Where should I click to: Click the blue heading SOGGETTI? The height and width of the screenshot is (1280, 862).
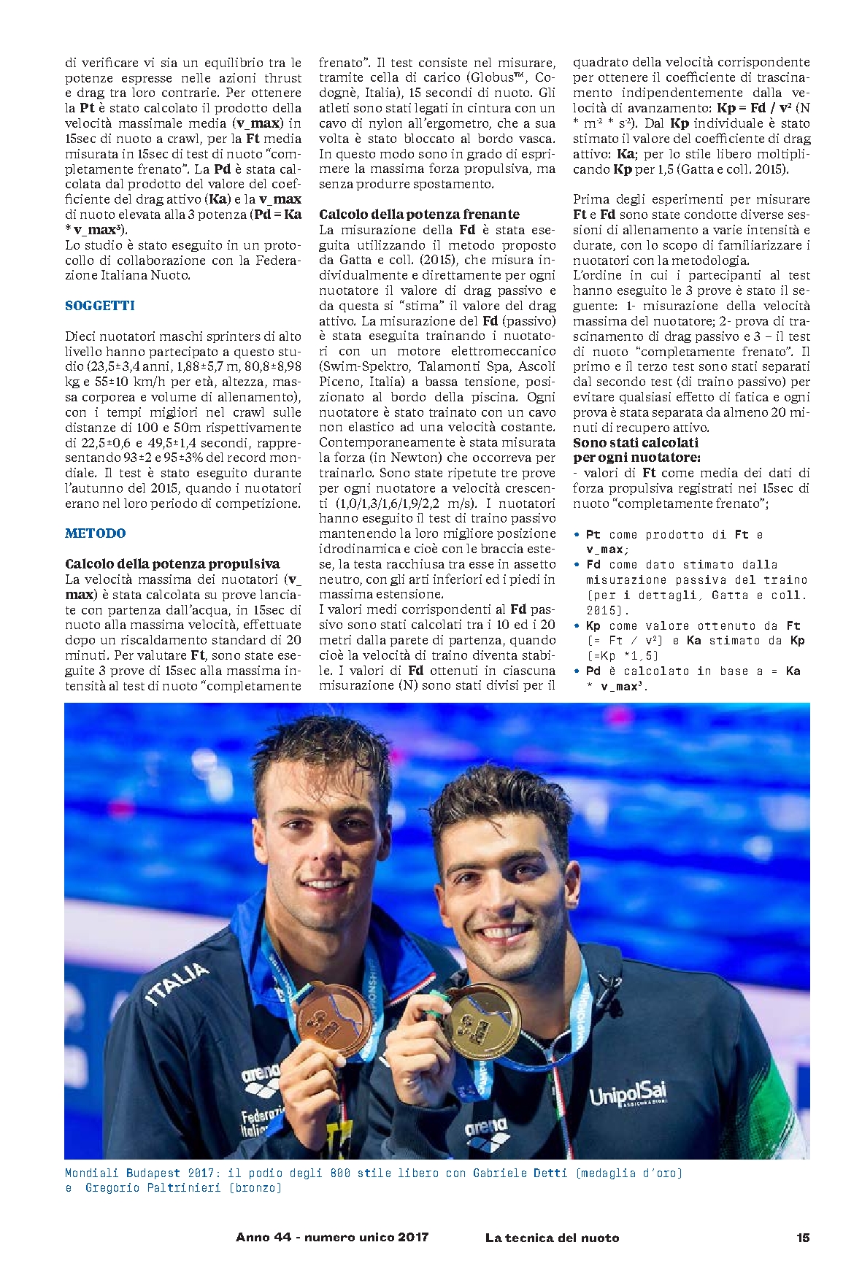click(x=100, y=306)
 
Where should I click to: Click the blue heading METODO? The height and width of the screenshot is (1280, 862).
click(x=96, y=533)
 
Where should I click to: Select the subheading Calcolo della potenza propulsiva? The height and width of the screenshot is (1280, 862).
click(x=172, y=564)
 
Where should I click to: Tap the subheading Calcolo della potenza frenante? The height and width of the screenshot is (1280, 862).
click(x=419, y=214)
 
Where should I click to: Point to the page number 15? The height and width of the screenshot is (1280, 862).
click(x=803, y=1238)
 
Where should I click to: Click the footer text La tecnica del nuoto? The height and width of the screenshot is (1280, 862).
click(x=552, y=1238)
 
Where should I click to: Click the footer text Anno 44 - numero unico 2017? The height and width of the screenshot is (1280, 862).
click(x=332, y=1238)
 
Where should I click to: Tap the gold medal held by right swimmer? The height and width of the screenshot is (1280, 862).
click(x=480, y=1022)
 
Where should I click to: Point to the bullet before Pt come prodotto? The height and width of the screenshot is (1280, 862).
click(x=577, y=534)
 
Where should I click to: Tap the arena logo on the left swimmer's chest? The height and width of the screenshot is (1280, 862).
click(x=261, y=1073)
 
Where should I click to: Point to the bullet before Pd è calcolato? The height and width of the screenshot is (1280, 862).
click(x=577, y=671)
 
